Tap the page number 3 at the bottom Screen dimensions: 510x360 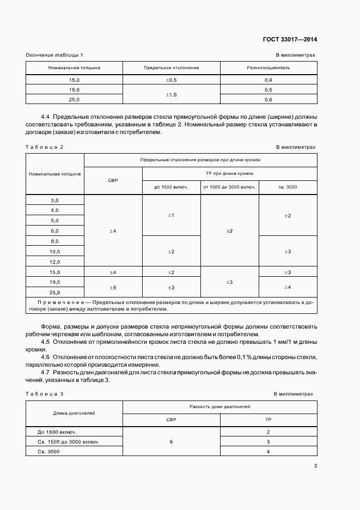[315, 465]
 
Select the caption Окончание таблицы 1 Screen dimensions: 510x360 [54, 55]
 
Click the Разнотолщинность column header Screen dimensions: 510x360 [268, 68]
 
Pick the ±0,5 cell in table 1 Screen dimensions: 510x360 [172, 80]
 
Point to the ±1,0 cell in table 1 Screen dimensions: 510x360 [172, 94]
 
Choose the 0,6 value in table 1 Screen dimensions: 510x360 [268, 100]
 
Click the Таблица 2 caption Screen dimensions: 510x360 [45, 147]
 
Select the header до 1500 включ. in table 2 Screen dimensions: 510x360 [171, 187]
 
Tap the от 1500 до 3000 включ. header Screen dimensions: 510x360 [229, 187]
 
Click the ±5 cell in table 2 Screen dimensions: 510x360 [113, 287]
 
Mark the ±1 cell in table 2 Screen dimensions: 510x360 [171, 216]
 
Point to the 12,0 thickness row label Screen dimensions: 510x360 [54, 262]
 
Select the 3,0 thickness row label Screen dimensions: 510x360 [54, 201]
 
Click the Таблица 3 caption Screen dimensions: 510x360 [45, 393]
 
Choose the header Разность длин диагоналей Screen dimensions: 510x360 [220, 406]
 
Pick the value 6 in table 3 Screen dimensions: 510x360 [171, 441]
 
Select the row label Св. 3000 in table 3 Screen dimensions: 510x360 [48, 452]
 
